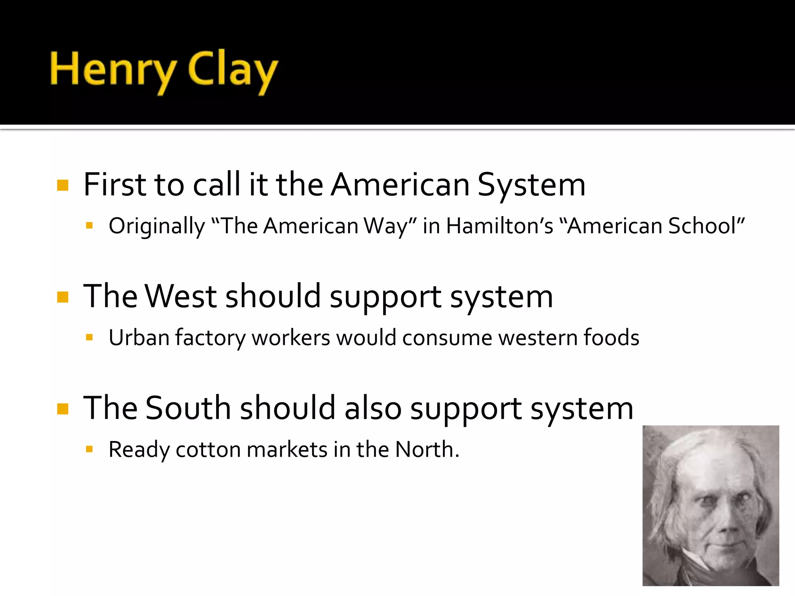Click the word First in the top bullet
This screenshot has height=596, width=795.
click(x=115, y=185)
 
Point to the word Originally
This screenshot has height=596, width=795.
click(x=156, y=227)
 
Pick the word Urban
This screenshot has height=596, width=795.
click(x=139, y=338)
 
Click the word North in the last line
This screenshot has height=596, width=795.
click(x=425, y=450)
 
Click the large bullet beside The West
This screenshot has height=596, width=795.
click(x=62, y=297)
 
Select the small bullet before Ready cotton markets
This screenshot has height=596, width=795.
click(x=89, y=449)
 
